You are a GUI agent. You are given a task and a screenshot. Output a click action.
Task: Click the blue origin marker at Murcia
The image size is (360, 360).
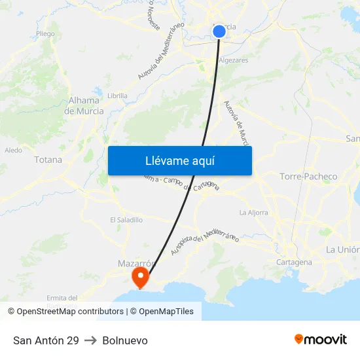click(x=219, y=31)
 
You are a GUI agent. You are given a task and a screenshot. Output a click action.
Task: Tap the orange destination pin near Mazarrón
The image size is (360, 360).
click(x=140, y=277)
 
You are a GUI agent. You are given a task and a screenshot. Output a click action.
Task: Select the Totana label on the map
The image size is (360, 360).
click(x=48, y=160)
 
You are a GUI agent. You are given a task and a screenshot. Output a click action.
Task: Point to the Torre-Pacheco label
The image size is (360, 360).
click(x=308, y=177)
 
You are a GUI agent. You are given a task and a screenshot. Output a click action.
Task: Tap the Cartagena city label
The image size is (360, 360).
click(x=295, y=262)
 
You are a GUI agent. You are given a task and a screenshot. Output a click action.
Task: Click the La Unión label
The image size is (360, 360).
click(x=342, y=249)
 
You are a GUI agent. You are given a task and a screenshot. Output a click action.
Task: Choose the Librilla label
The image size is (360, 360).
click(x=117, y=95)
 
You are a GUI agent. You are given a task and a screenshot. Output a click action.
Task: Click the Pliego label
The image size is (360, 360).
click(x=46, y=33)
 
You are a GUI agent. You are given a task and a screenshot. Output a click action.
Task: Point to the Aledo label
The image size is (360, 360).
click(x=13, y=150)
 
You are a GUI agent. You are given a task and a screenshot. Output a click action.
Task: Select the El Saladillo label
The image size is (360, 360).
click(x=126, y=220)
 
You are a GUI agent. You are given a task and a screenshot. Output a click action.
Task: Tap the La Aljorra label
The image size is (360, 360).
click(x=254, y=212)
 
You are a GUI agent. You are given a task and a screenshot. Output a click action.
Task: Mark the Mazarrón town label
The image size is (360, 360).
click(x=135, y=263)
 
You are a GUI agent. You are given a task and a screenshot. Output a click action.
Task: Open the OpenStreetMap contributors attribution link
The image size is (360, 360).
click(x=70, y=312)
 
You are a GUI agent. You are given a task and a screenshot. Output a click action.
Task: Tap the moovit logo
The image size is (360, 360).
click(x=321, y=340)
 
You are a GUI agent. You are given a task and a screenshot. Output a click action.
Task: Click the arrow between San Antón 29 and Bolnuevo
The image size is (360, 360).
click(x=90, y=340)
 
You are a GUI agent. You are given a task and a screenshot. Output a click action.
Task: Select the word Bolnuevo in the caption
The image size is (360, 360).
click(x=125, y=340)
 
